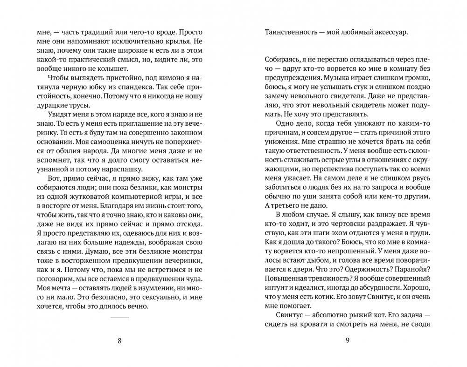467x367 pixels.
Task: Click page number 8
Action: pyautogui.click(x=120, y=340)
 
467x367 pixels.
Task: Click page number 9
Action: pyautogui.click(x=347, y=340)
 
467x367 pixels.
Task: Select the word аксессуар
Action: pyautogui.click(x=388, y=33)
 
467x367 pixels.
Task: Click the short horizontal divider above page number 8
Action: pyautogui.click(x=120, y=318)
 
